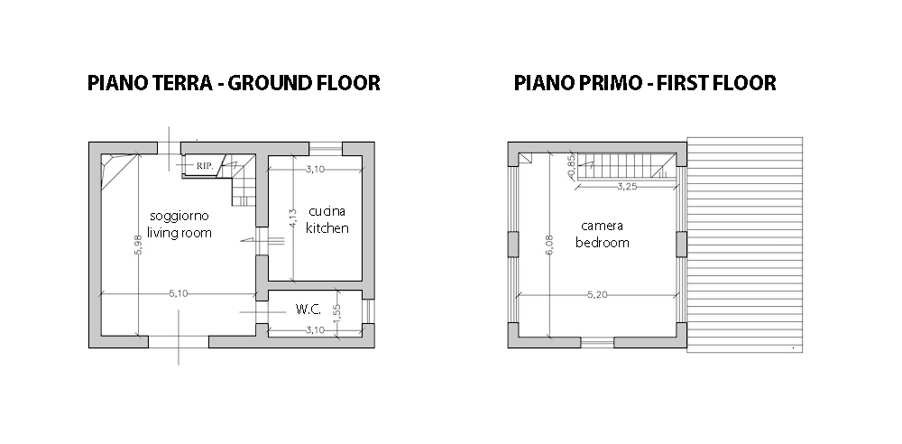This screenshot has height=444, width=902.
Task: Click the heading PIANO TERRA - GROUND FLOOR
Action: pos(234,83)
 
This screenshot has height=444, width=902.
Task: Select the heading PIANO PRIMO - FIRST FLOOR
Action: pos(645,83)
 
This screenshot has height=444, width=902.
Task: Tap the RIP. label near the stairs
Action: pos(205,166)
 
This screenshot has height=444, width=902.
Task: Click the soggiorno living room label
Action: pos(179,224)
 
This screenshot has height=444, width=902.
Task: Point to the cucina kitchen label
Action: pos(327,219)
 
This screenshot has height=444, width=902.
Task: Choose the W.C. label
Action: pos(308,310)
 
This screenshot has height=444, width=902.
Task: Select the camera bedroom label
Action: pos(603,235)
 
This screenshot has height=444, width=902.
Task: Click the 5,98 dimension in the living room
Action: pos(138,245)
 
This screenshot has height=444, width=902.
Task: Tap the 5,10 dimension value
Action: pos(179,293)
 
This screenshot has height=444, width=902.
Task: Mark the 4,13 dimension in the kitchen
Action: pos(292,219)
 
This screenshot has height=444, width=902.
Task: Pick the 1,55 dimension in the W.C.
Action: pos(337,314)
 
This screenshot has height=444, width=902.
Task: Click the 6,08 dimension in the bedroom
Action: pos(550,245)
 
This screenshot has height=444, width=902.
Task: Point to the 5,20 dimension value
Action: pos(598,295)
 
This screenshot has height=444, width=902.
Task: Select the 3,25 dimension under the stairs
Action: pos(627,187)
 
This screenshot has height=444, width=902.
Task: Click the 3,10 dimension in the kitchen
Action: pos(315,170)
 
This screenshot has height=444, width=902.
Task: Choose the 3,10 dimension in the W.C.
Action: pos(315,330)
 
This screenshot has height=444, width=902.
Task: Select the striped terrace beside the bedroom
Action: pos(745,245)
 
